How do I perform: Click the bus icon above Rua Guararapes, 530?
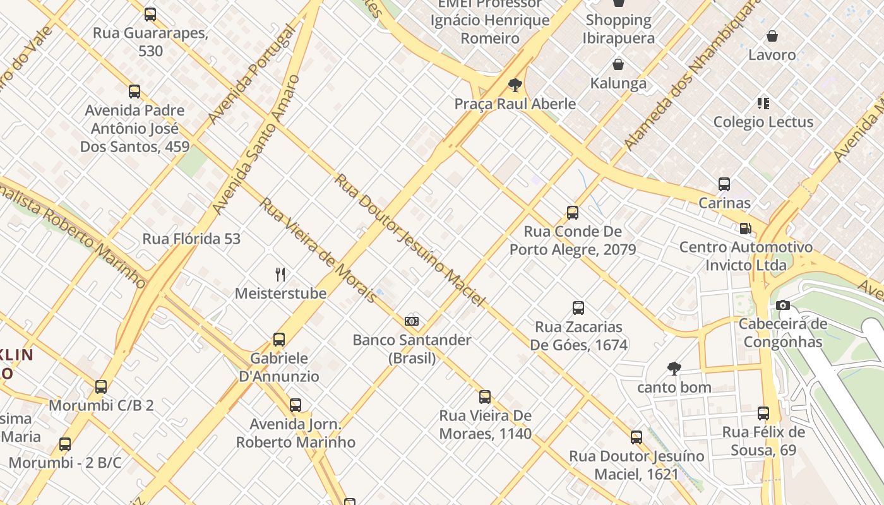pos(150,14)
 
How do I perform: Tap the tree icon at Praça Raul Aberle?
pos(515,85)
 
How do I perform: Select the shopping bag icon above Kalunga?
pos(618,64)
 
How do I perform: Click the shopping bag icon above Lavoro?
pos(772,36)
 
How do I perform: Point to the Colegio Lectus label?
pos(763,121)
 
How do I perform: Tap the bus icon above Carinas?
pos(724,184)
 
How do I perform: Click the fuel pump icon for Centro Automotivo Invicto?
pos(746,228)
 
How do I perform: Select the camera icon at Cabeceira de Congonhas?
pos(783,306)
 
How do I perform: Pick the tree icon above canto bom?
pos(674,368)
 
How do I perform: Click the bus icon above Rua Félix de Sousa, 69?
pos(763,413)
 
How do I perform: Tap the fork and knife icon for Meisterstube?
pos(280,274)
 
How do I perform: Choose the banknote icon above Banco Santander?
pos(412,321)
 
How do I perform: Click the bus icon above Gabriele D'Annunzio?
pos(279,340)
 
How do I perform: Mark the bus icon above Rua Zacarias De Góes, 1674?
pos(578,308)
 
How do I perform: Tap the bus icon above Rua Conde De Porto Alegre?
pos(573,213)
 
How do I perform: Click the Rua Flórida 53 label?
pos(191,239)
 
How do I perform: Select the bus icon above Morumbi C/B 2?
pos(101,386)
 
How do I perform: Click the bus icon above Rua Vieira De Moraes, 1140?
pos(485,397)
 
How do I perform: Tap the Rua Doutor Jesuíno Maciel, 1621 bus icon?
pos(636,437)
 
